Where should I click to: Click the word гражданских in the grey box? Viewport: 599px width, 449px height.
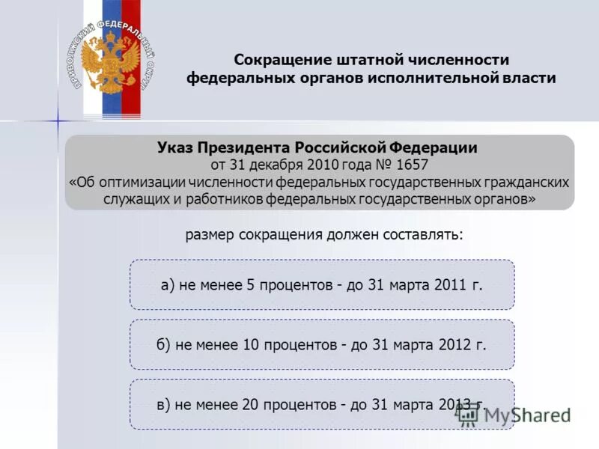pos(528,182)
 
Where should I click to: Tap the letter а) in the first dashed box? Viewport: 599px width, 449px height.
pos(168,285)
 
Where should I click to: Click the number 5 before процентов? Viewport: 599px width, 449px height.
pos(253,285)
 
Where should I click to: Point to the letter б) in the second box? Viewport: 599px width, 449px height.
pos(164,345)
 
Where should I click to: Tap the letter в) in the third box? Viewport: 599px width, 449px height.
pos(164,405)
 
